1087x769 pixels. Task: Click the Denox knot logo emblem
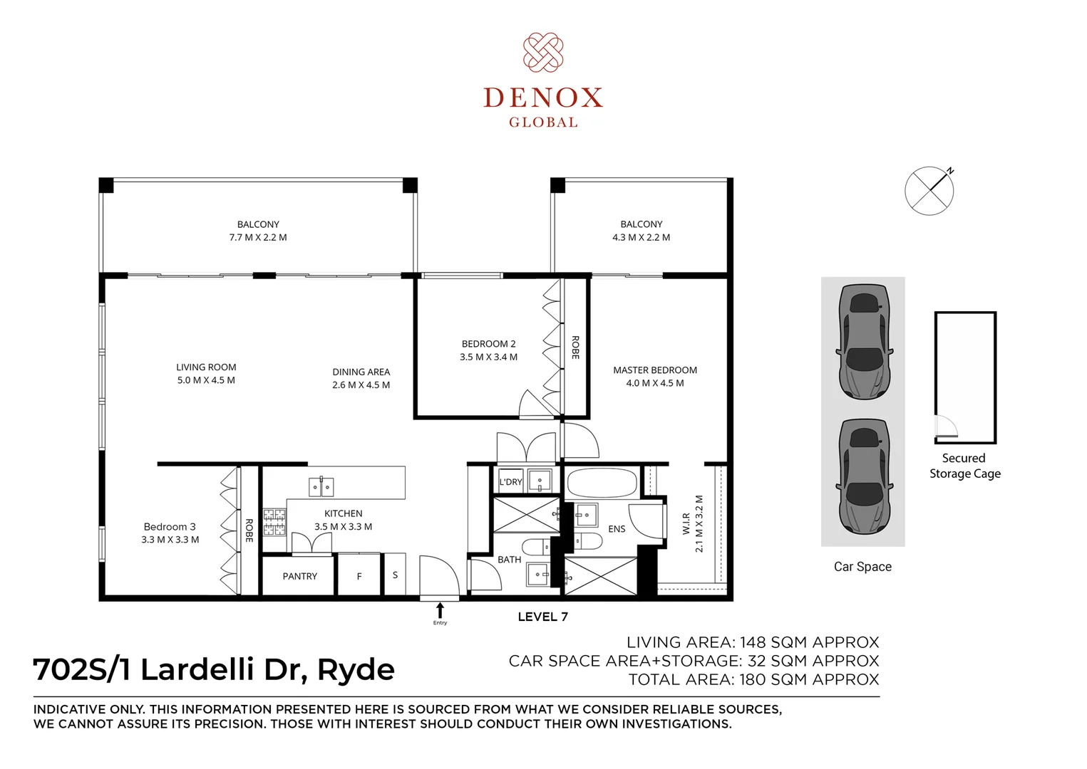[x=543, y=52]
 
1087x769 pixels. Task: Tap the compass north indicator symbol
[x=929, y=190]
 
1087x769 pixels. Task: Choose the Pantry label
[x=299, y=576]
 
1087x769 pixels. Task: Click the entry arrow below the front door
[x=440, y=610]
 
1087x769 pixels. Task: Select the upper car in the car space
[x=864, y=342]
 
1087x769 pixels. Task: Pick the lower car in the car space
[x=864, y=476]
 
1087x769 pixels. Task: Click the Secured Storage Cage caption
[x=964, y=466]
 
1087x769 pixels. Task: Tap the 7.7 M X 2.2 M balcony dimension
[x=258, y=238]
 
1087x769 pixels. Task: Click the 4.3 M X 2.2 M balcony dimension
[x=641, y=238]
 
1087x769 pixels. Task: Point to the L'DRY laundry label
[x=510, y=482]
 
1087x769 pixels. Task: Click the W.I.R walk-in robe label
[x=686, y=524]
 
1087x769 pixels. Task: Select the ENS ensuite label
[x=617, y=529]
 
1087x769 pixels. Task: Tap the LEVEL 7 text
[x=542, y=617]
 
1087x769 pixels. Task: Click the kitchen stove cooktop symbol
[x=274, y=521]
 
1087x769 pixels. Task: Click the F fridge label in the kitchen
[x=359, y=576]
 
